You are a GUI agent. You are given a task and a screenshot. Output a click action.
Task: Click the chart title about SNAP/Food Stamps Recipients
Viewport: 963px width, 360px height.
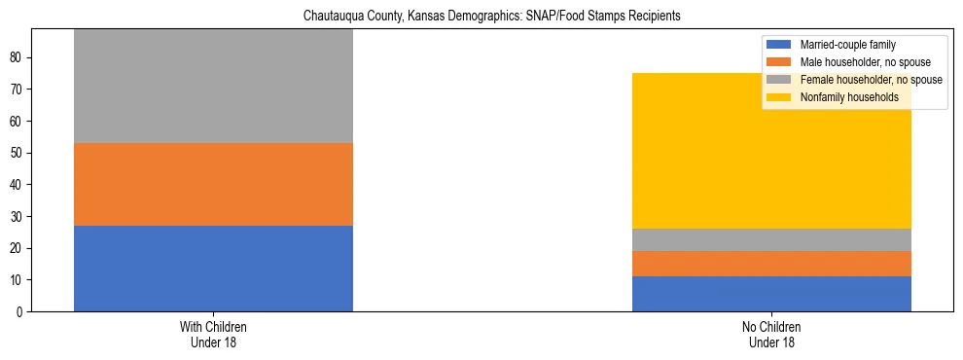(x=491, y=17)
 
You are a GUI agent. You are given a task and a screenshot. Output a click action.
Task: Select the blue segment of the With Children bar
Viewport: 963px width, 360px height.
(x=213, y=269)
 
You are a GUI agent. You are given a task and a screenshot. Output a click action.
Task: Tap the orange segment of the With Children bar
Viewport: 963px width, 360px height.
(x=213, y=185)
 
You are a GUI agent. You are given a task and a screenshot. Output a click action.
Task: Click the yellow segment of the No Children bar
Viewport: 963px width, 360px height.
(x=771, y=151)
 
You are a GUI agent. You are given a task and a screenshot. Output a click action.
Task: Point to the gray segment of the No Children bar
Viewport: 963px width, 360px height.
(x=771, y=239)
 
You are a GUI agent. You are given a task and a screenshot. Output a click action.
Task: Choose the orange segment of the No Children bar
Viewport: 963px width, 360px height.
(x=771, y=264)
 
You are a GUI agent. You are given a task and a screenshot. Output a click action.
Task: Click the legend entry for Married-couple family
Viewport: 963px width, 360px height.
(x=847, y=45)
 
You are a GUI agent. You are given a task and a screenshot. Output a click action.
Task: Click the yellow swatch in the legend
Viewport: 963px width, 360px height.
(x=779, y=97)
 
